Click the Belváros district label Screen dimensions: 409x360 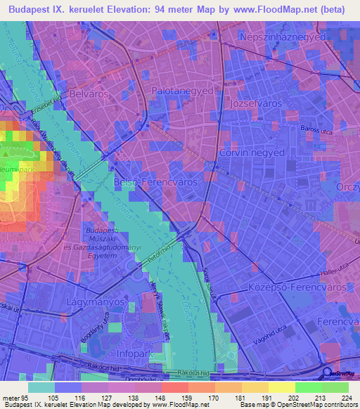tap(87, 92)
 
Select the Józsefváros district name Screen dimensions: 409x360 tap(256, 103)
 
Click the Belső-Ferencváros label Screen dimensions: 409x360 tap(148, 181)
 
